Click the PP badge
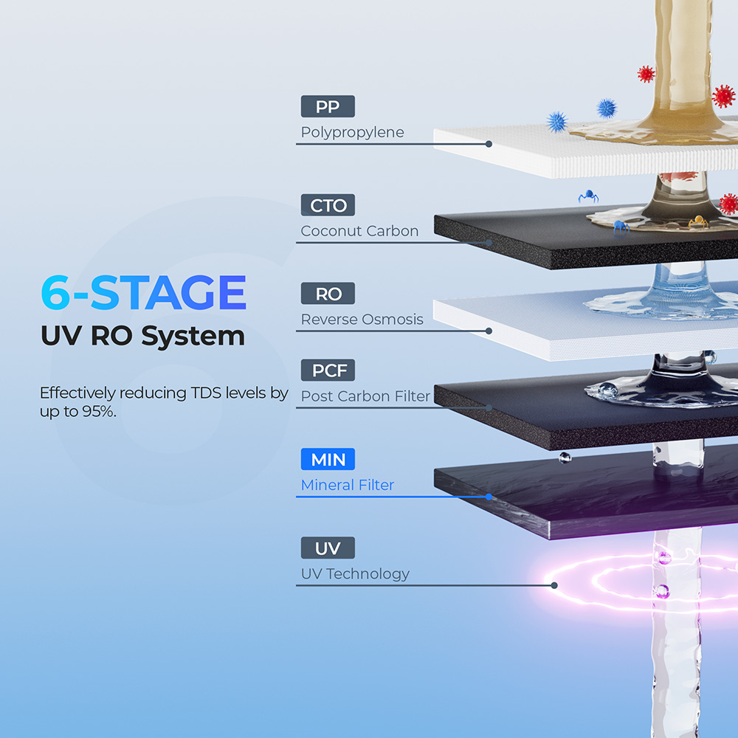328,106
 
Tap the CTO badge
328,205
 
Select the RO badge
328,294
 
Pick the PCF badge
328,370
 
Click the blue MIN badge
328,460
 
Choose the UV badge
328,548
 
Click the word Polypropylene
352,133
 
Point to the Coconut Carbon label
359,231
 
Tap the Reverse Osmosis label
362,320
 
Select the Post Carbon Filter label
365,396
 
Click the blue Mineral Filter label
347,485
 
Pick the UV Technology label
354,573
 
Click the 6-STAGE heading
143,293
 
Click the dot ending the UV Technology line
553,585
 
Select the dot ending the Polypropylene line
489,144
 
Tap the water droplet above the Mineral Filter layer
565,458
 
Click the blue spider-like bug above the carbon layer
588,196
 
